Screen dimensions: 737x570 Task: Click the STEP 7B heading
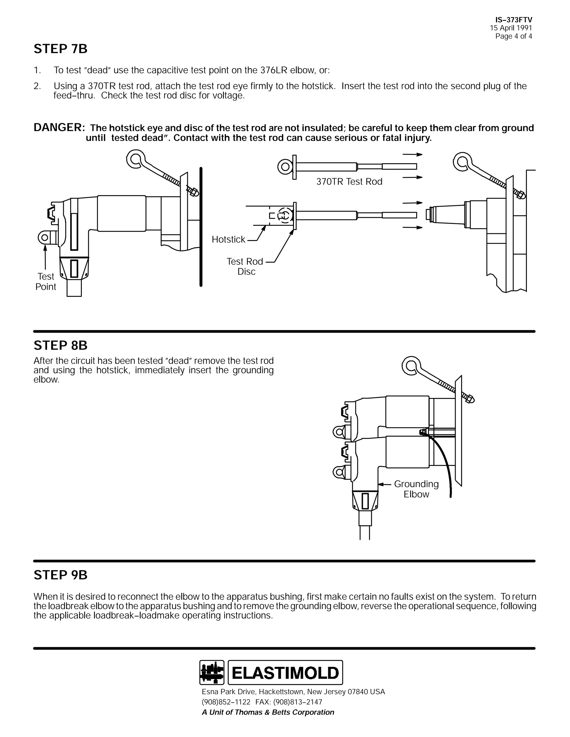(60, 49)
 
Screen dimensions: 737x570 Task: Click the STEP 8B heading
(60, 345)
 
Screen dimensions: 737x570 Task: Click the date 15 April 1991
(511, 28)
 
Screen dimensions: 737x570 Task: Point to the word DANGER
(59, 128)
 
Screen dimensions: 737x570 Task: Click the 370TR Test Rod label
(349, 182)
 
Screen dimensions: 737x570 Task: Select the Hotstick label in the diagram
(228, 239)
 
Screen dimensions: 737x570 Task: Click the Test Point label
(46, 281)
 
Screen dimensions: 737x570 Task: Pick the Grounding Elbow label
(416, 489)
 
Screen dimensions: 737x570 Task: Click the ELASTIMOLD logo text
(285, 672)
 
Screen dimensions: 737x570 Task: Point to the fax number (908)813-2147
(298, 702)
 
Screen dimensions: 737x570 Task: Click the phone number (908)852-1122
(226, 702)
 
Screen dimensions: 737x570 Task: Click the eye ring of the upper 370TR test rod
(285, 166)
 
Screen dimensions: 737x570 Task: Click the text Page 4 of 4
(513, 36)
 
